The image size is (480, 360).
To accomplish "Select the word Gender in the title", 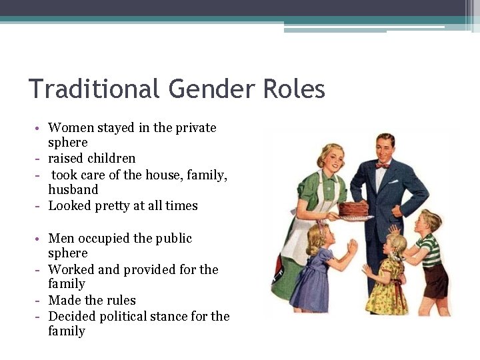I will pos(197,89).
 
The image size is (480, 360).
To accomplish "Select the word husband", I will pos(73,190).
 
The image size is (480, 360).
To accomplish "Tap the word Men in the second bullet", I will pos(61,239).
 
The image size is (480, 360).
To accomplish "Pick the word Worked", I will pos(71,270).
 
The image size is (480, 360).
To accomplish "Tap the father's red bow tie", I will pos(382,165).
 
